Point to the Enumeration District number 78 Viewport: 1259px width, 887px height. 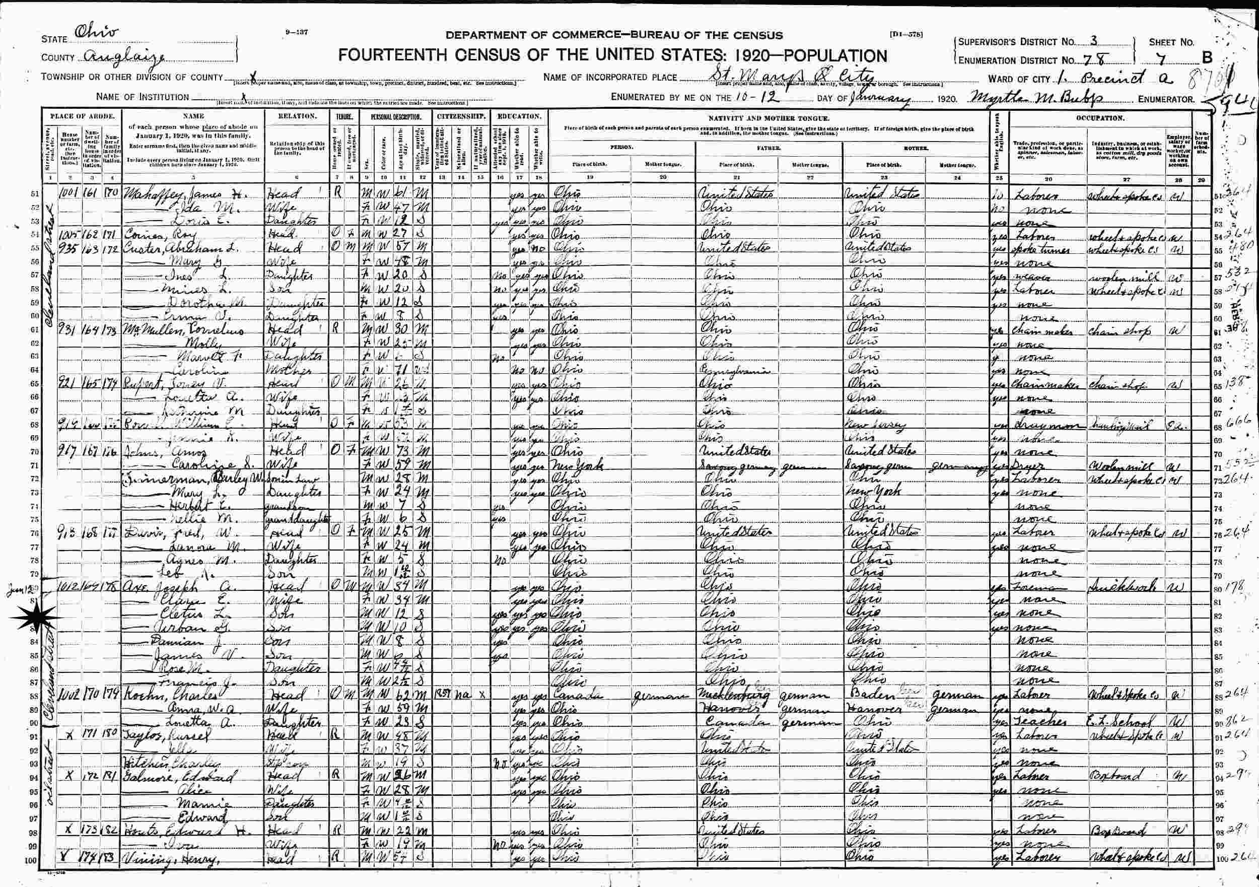pyautogui.click(x=1087, y=59)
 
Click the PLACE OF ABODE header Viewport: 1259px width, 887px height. pyautogui.click(x=83, y=116)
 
